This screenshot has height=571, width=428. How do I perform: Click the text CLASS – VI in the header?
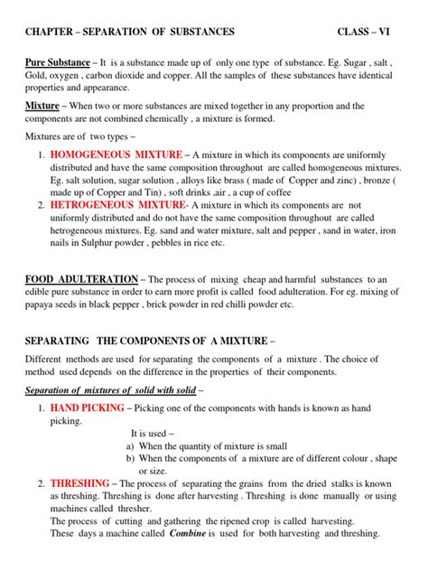tap(370, 32)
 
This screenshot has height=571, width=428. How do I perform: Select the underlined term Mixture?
tap(40, 106)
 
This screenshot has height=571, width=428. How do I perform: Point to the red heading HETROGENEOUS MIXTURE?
tap(113, 205)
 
